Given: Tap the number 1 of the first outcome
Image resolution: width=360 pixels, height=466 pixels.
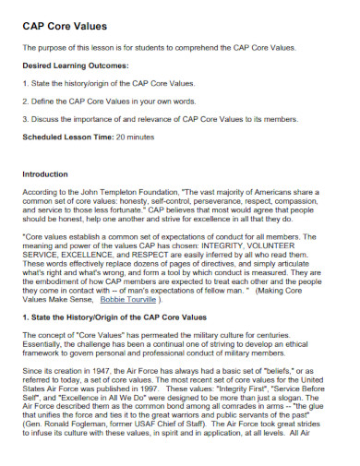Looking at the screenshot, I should (24, 83).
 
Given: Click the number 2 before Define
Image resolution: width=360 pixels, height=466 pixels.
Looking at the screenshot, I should (24, 101).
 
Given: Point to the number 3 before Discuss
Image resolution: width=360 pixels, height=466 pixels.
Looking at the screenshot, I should (24, 119).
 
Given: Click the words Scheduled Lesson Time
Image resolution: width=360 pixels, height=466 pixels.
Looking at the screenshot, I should (67, 137).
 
